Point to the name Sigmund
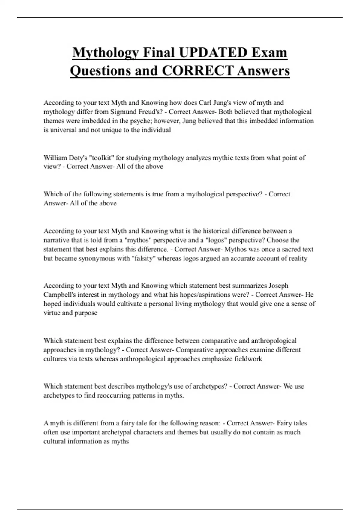click(x=123, y=112)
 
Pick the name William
click(x=55, y=158)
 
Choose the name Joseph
click(x=278, y=286)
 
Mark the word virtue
click(x=52, y=313)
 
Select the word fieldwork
click(x=248, y=359)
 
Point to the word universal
click(x=63, y=130)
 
